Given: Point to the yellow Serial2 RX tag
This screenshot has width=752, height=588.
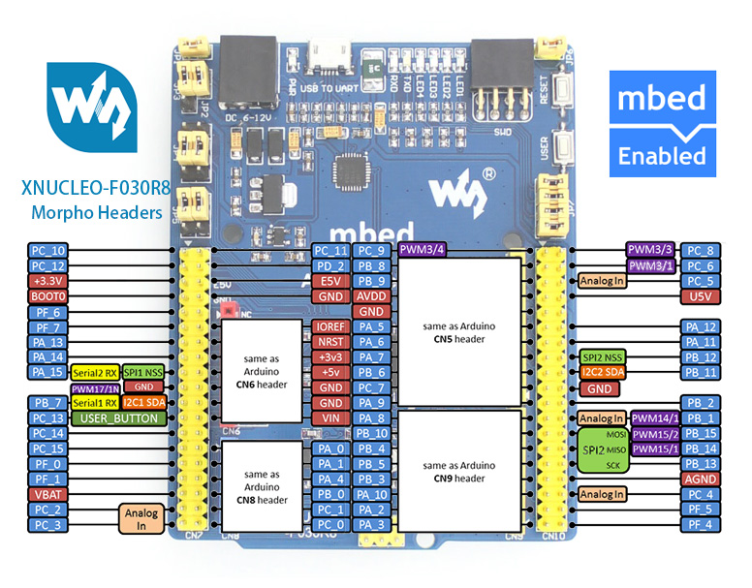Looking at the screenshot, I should tap(95, 372).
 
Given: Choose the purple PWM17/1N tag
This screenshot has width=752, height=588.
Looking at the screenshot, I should tap(95, 387).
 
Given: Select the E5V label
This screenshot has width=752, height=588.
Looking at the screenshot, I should tap(330, 281).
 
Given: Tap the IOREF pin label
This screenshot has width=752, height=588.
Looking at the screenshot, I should tap(330, 327).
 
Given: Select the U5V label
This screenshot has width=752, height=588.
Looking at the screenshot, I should tap(701, 296).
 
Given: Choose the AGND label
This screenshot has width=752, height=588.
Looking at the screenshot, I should tap(701, 480).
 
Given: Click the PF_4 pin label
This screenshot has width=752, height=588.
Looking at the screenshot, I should tap(701, 525).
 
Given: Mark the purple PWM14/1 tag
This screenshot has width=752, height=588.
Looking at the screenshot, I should tap(655, 418).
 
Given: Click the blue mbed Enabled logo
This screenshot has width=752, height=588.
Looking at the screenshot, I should tap(662, 123).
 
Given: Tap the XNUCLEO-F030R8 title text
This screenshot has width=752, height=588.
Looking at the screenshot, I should tap(96, 189).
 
